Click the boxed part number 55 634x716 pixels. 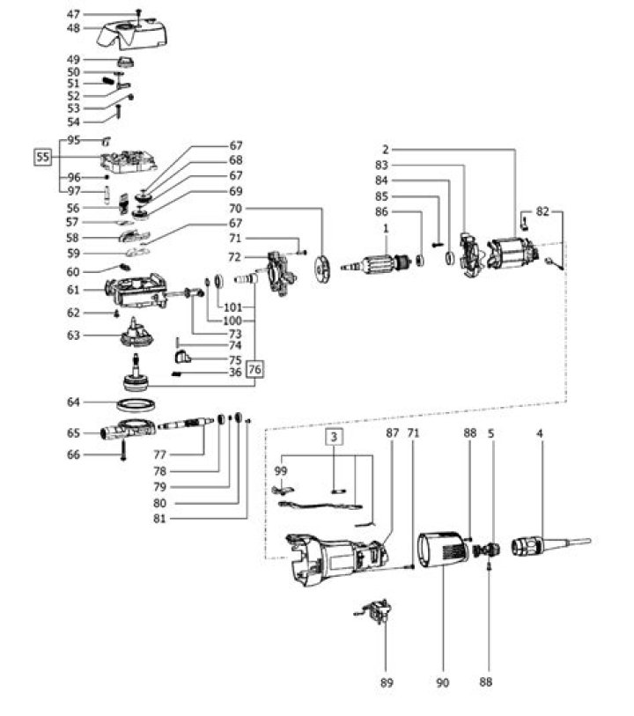point(41,158)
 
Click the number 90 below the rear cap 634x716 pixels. point(441,683)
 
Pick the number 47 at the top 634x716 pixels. point(73,14)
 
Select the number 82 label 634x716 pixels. point(543,212)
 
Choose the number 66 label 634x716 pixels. point(73,454)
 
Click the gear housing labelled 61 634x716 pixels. point(136,291)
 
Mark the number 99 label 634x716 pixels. point(282,471)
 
